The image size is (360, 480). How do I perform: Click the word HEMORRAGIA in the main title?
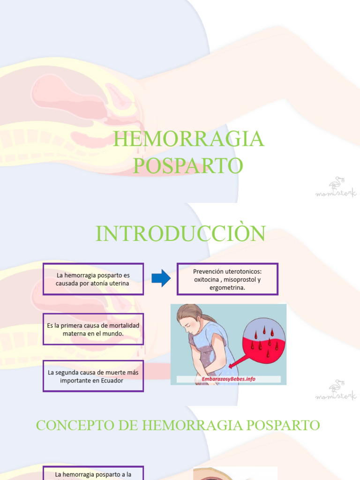pos(188,139)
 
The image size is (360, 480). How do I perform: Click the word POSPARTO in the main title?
pos(188,165)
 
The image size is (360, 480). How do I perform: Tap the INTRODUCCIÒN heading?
pos(180,233)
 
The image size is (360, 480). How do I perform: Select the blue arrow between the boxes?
pos(161,278)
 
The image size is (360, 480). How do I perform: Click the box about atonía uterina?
pos(93,279)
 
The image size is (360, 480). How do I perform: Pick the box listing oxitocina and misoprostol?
pos(227,279)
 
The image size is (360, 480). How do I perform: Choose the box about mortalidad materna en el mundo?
pos(93,329)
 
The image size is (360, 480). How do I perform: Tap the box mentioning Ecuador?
pos(93,376)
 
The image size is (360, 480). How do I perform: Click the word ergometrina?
pos(227,288)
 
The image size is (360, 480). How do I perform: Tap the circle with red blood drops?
pos(263,340)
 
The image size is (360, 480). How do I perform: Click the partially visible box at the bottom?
pos(93,473)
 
